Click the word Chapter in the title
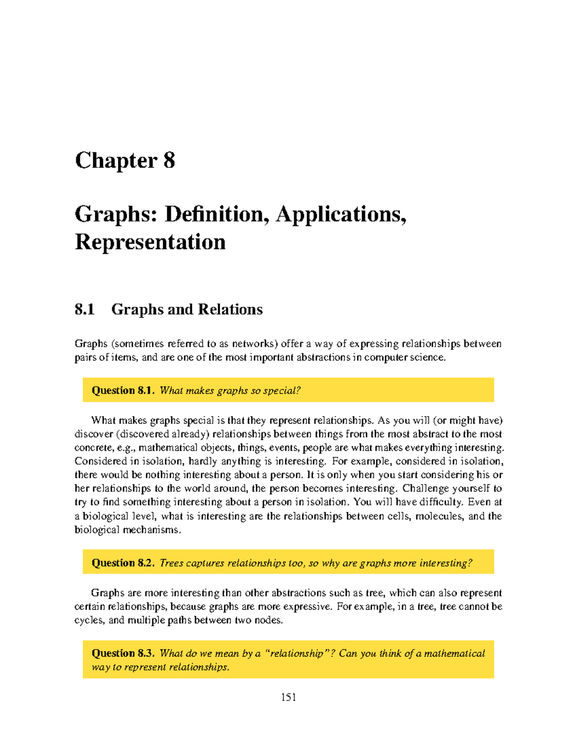click(116, 161)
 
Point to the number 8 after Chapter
click(169, 161)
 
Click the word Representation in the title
click(150, 242)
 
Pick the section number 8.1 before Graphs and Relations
click(85, 309)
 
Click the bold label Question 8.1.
click(123, 390)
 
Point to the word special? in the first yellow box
click(282, 391)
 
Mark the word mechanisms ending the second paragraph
click(151, 530)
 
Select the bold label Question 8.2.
click(123, 563)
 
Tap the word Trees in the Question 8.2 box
click(171, 563)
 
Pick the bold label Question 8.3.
click(123, 653)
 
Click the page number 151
click(288, 697)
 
